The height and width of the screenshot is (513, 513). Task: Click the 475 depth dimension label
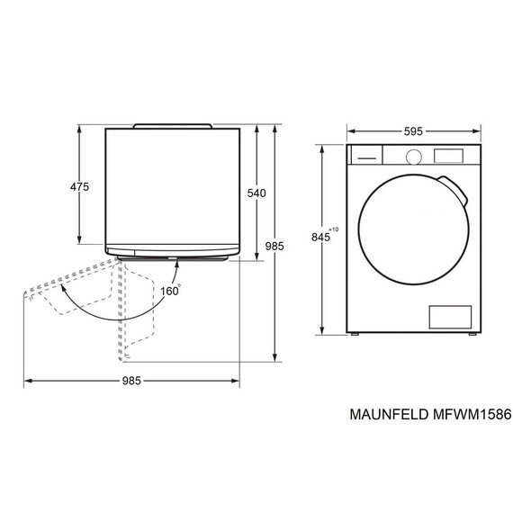[x=79, y=187]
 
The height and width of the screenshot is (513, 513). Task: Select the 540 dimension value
[x=256, y=193]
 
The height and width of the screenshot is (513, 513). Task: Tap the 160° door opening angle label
[x=171, y=290]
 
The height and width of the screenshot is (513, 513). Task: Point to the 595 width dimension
[x=413, y=130]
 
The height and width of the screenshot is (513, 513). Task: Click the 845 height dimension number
[x=320, y=238]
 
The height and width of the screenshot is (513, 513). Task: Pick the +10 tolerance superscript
[x=334, y=230]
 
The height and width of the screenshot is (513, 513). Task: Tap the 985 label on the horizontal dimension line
[x=131, y=381]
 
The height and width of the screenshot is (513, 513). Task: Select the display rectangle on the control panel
[x=447, y=155]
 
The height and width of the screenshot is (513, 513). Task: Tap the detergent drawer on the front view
[x=365, y=155]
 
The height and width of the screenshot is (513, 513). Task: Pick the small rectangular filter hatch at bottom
[x=449, y=316]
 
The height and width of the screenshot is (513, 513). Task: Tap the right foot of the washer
[x=469, y=336]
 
